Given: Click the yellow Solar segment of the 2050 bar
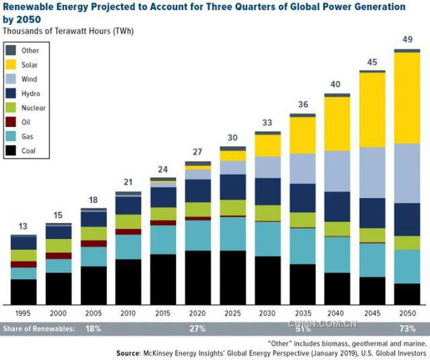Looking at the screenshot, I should point(407,98).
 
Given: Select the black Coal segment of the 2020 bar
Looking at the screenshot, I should point(198,278).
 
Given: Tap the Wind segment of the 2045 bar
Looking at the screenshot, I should point(372,172).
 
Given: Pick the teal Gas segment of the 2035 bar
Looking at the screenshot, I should point(302,246).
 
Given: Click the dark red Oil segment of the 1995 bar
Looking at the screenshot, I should point(23,264).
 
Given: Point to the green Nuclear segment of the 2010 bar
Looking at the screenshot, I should point(128,222).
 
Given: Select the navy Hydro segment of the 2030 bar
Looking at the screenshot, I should point(267,191).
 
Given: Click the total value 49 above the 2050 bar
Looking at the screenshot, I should point(407,40).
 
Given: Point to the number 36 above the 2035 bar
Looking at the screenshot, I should point(302,104).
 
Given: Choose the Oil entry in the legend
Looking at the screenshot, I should point(26,122).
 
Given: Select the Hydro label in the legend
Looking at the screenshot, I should point(30,94).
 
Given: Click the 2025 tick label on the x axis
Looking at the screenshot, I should point(232,313).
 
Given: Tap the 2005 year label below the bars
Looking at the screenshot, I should point(93,313).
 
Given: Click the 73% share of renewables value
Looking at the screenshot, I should point(407,329).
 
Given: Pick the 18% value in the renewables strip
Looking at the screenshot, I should point(93,329).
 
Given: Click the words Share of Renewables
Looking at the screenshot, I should point(39,329).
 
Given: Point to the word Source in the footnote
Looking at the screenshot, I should point(128,353).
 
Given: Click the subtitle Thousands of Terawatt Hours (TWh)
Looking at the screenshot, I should point(68,31).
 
